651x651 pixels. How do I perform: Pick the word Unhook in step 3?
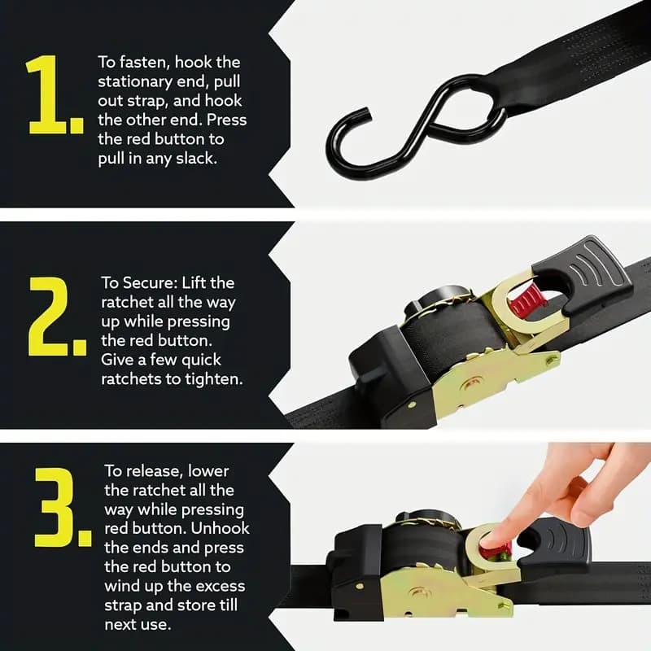[222, 528]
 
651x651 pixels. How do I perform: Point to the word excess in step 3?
[220, 586]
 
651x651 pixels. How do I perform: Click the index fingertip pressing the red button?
[489, 538]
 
